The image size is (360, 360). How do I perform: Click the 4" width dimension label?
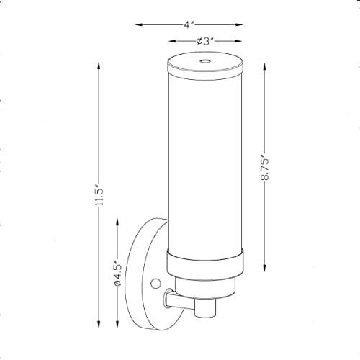(189, 24)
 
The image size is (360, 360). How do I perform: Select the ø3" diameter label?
(207, 42)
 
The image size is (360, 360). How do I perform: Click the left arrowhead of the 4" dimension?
(139, 24)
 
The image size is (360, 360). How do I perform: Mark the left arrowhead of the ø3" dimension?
(171, 42)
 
